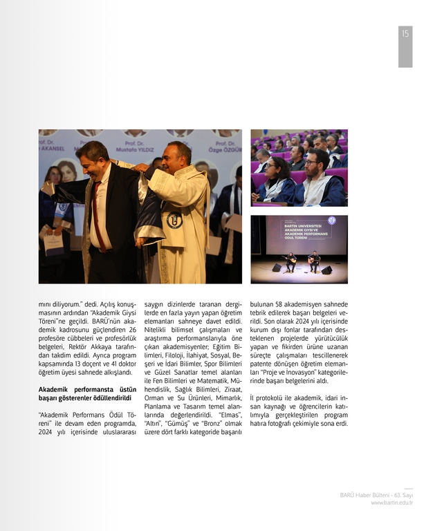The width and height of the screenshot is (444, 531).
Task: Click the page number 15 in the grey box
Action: point(405,34)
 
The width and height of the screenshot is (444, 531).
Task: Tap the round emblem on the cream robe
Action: point(174,220)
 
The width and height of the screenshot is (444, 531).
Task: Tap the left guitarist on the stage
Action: point(291,262)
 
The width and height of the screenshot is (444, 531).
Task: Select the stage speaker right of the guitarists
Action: point(326,270)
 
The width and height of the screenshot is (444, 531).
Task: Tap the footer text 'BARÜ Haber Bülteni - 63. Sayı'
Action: point(376,495)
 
